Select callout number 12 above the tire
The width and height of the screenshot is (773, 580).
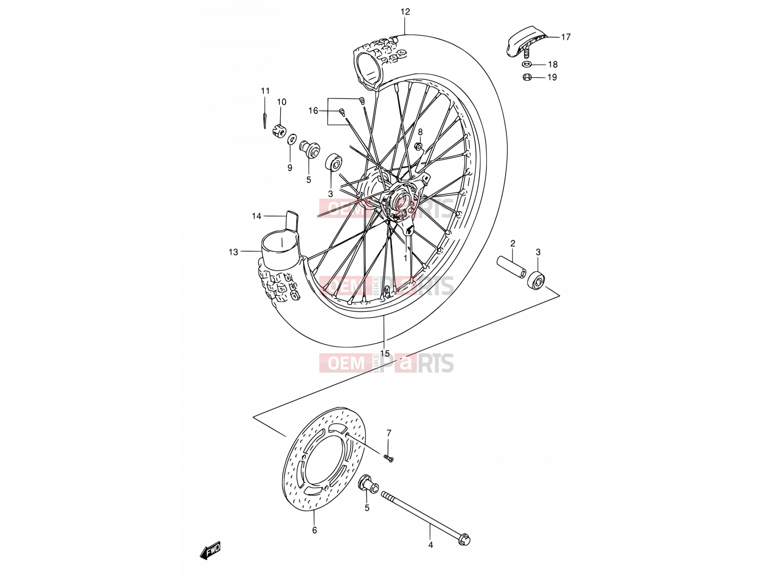tap(405, 12)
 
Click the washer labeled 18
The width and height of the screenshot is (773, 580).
tap(527, 64)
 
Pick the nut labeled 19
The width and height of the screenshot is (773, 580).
tap(527, 77)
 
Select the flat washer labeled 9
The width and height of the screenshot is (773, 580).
tap(292, 139)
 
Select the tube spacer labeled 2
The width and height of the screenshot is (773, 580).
tap(512, 267)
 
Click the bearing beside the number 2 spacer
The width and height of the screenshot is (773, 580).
tap(536, 280)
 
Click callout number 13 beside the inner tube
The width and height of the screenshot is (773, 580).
tap(233, 252)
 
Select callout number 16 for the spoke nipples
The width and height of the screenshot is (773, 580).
tap(313, 111)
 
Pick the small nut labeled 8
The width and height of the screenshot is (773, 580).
tap(419, 145)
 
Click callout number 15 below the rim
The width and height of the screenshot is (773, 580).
tap(385, 353)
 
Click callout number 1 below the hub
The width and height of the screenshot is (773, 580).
tap(405, 258)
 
